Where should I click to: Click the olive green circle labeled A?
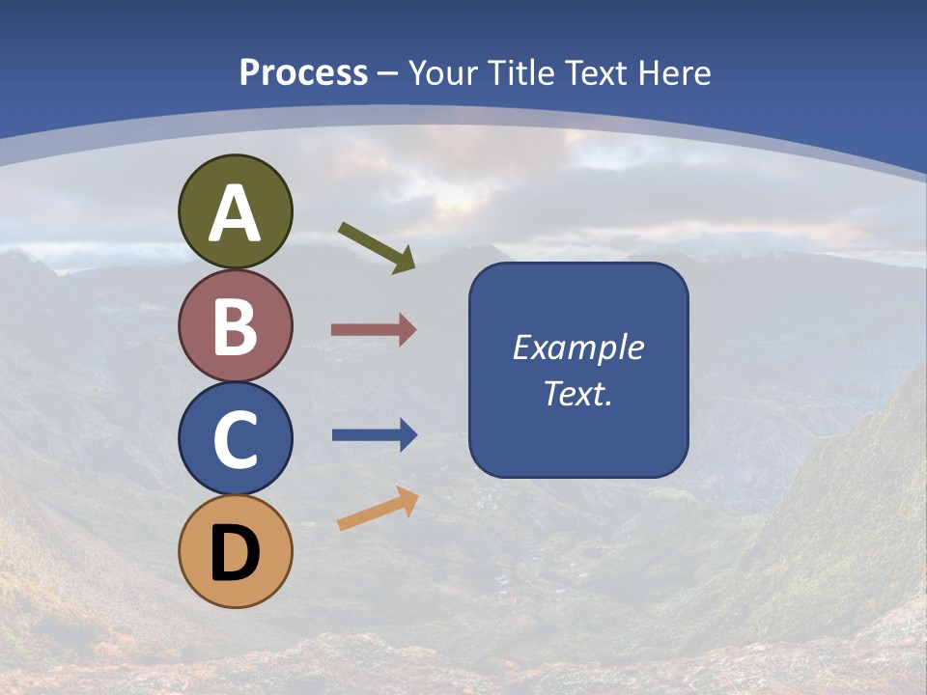[236, 211]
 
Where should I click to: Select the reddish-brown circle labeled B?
[236, 325]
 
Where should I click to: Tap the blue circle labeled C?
[236, 438]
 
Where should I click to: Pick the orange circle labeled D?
[236, 551]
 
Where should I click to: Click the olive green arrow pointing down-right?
[377, 247]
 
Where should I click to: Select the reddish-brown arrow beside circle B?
[374, 330]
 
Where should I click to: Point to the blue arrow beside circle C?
[375, 435]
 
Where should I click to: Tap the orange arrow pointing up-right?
[378, 509]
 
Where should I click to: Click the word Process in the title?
[303, 73]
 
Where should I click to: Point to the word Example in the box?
[577, 347]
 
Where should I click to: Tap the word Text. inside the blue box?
[577, 393]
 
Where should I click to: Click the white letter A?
[236, 213]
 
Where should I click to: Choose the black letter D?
[236, 553]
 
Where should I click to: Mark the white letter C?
[236, 439]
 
